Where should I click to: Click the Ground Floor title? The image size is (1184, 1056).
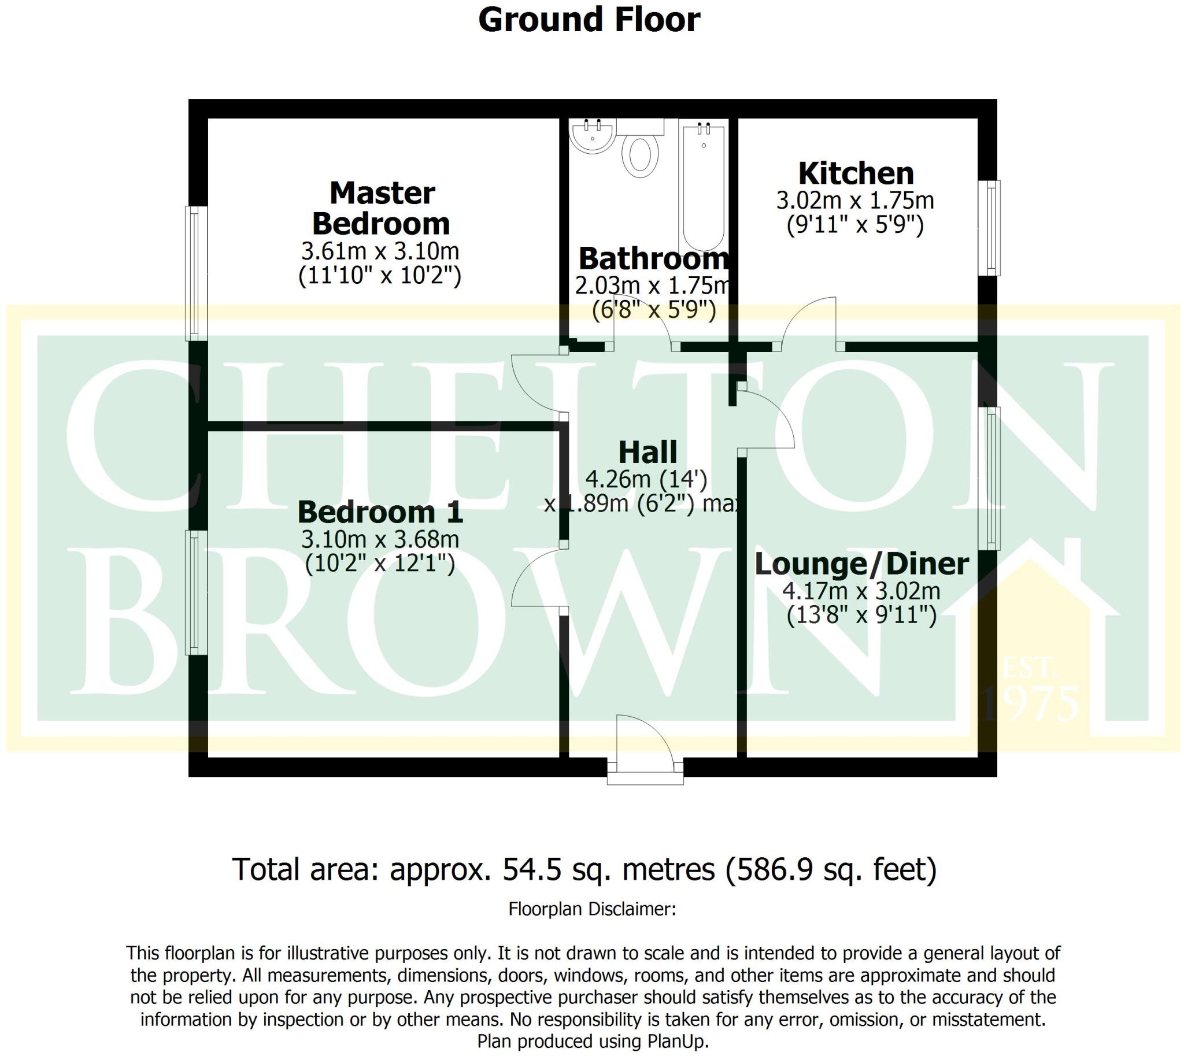[589, 20]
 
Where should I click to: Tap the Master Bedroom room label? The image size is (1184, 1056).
[382, 208]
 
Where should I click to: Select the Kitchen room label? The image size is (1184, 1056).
[856, 173]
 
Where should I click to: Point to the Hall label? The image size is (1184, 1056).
[647, 453]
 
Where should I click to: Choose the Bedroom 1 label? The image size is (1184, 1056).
[380, 512]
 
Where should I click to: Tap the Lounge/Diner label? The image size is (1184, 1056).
[861, 564]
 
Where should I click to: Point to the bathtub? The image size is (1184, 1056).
[704, 186]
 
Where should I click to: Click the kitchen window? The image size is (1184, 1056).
[990, 228]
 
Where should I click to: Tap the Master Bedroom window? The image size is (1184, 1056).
[197, 273]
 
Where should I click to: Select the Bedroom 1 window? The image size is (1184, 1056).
[197, 592]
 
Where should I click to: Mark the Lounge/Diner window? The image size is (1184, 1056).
[990, 478]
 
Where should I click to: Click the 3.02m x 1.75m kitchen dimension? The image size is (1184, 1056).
[856, 201]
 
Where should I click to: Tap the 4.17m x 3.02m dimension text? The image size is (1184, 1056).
[861, 591]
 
